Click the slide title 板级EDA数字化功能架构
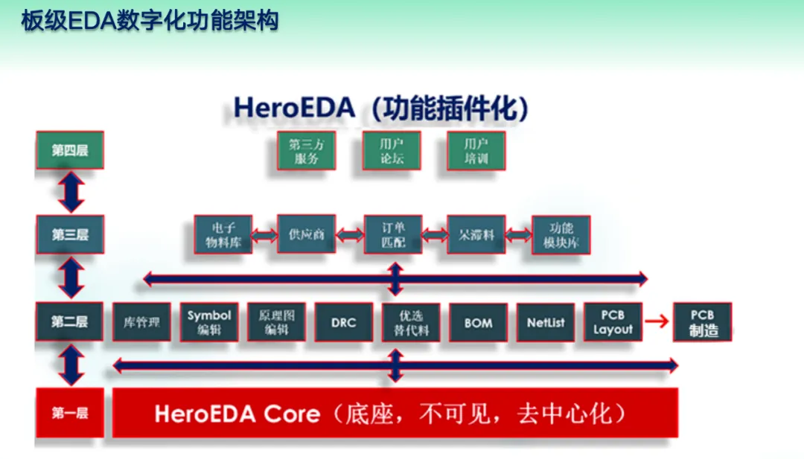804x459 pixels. click(x=150, y=20)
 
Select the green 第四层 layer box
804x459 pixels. click(x=69, y=150)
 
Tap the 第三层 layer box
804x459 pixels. click(x=69, y=234)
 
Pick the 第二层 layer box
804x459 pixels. click(x=69, y=321)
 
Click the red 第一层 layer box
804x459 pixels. click(x=69, y=413)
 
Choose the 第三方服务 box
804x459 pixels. click(x=306, y=151)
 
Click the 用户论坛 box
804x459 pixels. click(x=392, y=151)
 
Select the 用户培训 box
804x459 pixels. click(x=476, y=151)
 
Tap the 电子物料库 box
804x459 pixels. click(x=223, y=234)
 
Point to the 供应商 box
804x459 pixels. click(x=306, y=234)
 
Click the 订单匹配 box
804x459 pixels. click(x=393, y=234)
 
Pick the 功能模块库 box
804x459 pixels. click(x=561, y=234)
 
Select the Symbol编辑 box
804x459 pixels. click(x=209, y=322)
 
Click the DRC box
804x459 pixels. click(x=343, y=322)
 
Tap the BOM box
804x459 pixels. click(x=478, y=322)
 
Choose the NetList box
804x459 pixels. click(x=545, y=322)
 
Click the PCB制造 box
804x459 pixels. click(x=702, y=322)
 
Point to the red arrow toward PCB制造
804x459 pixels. click(x=655, y=321)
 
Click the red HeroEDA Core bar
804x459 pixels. click(x=395, y=413)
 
